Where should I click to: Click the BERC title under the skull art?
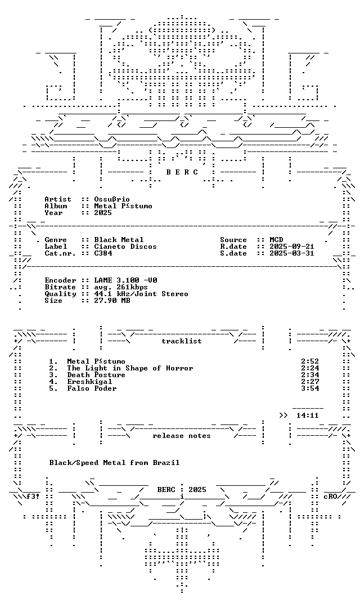[182, 172]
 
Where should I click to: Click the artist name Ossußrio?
[112, 199]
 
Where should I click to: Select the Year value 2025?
[103, 212]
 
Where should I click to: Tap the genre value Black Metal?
[119, 240]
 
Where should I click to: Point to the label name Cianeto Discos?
[125, 247]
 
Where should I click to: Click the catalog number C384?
[103, 253]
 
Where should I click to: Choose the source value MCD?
[276, 240]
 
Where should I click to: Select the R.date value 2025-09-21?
[292, 247]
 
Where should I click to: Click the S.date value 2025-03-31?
[292, 253]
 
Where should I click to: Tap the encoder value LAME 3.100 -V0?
[125, 280]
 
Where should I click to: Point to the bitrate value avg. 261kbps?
[121, 287]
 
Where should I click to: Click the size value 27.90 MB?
[112, 301]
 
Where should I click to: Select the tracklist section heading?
[182, 341]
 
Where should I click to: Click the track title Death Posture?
[96, 375]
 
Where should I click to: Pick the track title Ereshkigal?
[89, 382]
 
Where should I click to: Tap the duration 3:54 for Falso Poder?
[310, 388]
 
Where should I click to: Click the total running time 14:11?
[308, 415]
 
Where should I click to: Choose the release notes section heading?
[182, 436]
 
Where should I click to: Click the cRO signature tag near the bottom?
[330, 497]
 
